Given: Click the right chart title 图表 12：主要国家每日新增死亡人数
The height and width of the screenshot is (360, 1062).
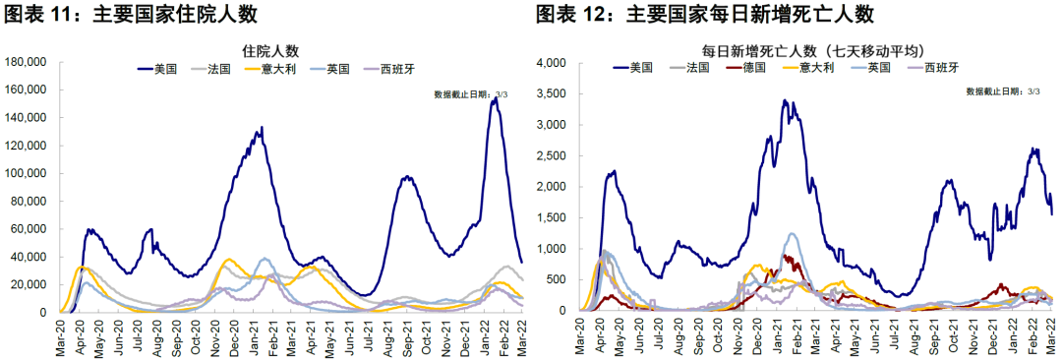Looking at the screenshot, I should click(x=705, y=14).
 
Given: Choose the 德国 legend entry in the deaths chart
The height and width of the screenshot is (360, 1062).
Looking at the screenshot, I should click(x=753, y=68).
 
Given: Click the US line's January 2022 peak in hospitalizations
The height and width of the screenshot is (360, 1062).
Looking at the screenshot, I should click(x=494, y=99).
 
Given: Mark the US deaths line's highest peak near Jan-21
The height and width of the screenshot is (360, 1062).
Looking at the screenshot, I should click(x=784, y=100).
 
